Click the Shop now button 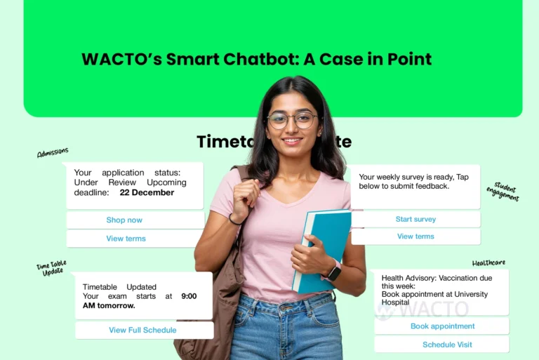[124, 220]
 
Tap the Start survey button [415, 220]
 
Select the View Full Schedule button [142, 331]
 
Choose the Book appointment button [442, 326]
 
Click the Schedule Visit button [447, 345]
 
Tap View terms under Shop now [126, 239]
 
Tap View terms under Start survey [415, 236]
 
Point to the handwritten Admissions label [53, 152]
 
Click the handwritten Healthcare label [488, 263]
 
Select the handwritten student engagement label [503, 192]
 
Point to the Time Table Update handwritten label [51, 267]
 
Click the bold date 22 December [147, 193]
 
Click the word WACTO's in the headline [120, 59]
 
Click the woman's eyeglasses [292, 120]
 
